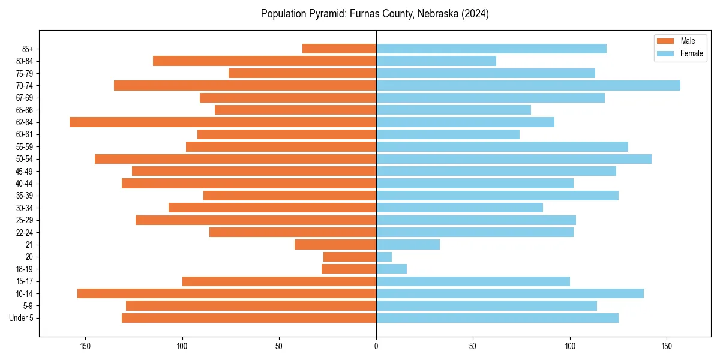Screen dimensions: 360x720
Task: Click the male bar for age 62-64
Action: click(223, 122)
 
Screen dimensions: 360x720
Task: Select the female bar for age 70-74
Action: click(528, 85)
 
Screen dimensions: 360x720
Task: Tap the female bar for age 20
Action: click(384, 257)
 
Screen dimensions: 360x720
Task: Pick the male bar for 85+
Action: click(339, 49)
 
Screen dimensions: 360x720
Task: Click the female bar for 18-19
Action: click(391, 269)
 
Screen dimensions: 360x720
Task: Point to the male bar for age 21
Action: click(335, 244)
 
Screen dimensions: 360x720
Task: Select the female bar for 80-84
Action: click(436, 61)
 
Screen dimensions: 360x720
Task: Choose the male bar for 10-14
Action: click(227, 293)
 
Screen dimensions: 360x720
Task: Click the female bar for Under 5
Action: click(497, 318)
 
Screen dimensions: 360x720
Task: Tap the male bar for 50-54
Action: click(235, 159)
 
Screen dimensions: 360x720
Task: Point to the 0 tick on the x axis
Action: click(376, 346)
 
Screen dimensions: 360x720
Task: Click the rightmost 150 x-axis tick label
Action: click(667, 346)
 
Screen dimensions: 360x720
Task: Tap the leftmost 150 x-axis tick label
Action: click(85, 346)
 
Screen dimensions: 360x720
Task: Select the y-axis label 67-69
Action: click(24, 98)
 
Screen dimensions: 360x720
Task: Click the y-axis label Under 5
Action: click(21, 318)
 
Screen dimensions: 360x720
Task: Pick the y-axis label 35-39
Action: click(24, 196)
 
